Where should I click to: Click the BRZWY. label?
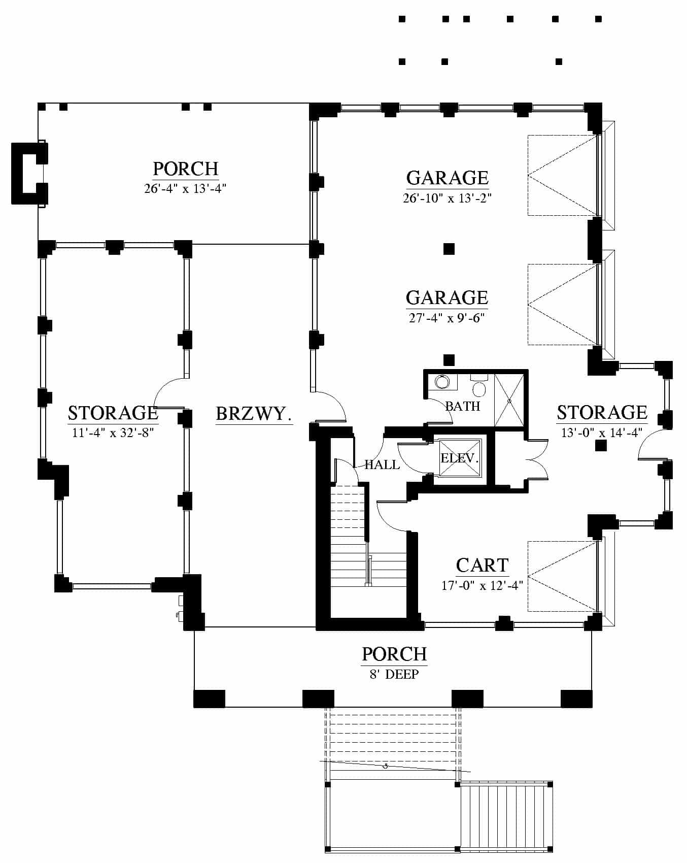click(254, 414)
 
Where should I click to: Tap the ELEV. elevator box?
click(460, 458)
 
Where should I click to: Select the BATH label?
click(462, 406)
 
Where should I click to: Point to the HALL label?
click(382, 464)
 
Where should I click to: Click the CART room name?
click(482, 565)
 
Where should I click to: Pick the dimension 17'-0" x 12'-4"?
click(482, 585)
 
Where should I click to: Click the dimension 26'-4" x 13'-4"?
click(185, 188)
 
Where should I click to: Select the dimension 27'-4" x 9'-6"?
click(447, 318)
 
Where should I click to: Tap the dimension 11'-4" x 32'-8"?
click(113, 433)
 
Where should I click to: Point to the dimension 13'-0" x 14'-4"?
click(602, 433)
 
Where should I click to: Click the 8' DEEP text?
click(394, 674)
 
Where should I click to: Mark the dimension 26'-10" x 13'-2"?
click(447, 198)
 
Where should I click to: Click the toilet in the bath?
click(478, 386)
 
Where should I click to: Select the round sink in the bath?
click(441, 382)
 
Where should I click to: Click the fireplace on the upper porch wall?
click(29, 174)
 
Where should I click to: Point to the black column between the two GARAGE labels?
click(449, 249)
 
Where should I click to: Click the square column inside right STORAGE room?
click(601, 446)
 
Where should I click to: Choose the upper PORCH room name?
click(186, 169)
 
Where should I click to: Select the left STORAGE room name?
click(113, 413)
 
